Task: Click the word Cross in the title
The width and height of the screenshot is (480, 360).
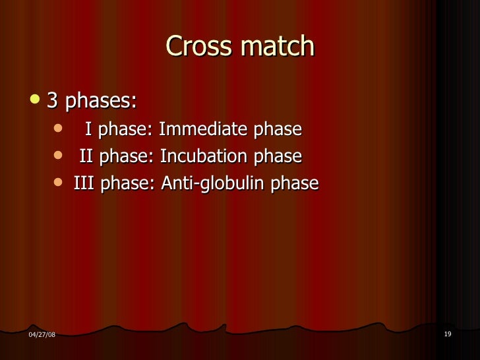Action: coord(196,47)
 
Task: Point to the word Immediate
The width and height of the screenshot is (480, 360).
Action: coord(201,129)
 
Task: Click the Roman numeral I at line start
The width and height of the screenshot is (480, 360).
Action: coord(88,129)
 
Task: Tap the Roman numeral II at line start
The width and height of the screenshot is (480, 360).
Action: coord(86,156)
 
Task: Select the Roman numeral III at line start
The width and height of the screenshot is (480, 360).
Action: coord(82,183)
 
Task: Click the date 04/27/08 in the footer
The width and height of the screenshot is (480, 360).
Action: coord(42,336)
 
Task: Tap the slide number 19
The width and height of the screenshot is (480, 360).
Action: coord(448,335)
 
